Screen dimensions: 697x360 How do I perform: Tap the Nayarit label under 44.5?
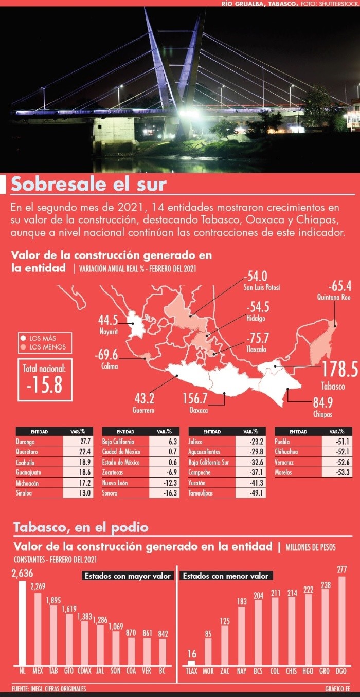click(x=109, y=332)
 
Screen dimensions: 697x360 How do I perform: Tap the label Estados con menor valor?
click(x=227, y=576)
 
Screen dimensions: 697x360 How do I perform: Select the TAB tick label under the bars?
click(x=53, y=671)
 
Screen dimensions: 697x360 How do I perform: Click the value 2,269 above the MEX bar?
click(x=38, y=586)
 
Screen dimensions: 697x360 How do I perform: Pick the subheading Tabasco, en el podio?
click(x=81, y=527)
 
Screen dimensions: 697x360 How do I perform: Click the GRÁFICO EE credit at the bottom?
click(x=338, y=689)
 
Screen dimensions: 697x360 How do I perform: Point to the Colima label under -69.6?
click(x=109, y=366)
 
